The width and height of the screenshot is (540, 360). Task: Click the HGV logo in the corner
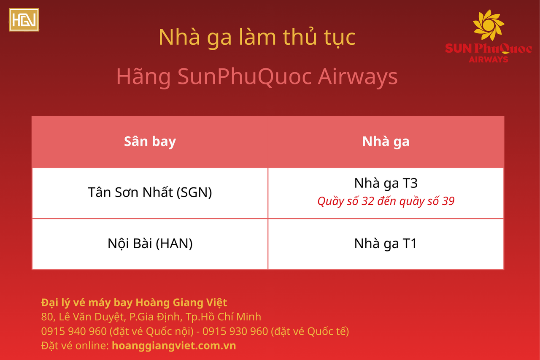[x=24, y=20]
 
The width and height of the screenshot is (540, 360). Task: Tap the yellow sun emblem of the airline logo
[x=489, y=25]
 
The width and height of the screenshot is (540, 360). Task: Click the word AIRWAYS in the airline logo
[x=489, y=60]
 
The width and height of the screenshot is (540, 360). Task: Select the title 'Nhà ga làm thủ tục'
[x=257, y=38]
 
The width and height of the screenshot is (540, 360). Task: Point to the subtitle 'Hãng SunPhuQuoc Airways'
[x=257, y=77]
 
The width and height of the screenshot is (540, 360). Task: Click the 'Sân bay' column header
[x=150, y=141]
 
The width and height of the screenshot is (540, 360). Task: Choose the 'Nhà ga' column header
[x=386, y=141]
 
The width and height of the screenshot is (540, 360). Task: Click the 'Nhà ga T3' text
[x=386, y=183]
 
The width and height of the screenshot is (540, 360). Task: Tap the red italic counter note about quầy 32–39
[x=386, y=201]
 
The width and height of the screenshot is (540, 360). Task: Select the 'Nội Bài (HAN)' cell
[x=150, y=244]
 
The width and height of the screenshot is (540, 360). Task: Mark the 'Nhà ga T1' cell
[x=386, y=244]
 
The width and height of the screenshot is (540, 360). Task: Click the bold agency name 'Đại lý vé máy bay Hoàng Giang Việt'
[x=134, y=303]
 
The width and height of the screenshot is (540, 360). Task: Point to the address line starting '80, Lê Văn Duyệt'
[x=151, y=317]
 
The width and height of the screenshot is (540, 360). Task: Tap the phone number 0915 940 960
[x=74, y=331]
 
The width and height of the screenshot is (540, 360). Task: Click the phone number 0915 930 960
[x=235, y=331]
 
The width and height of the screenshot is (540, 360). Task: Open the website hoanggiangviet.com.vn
[x=174, y=346]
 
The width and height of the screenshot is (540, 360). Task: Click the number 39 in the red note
[x=448, y=201]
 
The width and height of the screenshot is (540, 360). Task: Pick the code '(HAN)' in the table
[x=174, y=244]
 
